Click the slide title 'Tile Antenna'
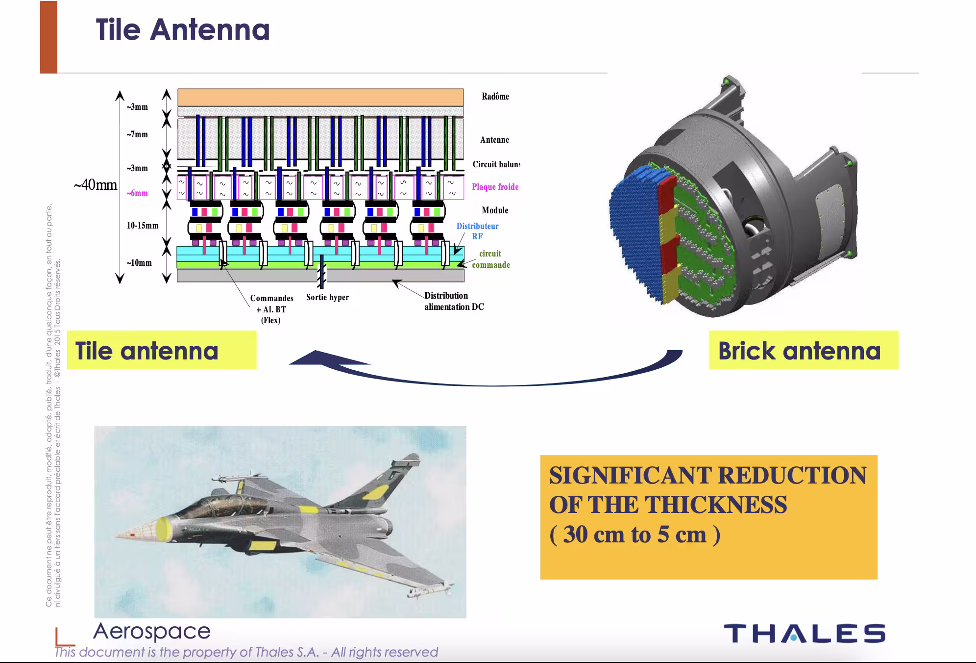tap(182, 29)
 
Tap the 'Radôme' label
tap(495, 96)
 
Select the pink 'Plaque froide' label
tap(495, 187)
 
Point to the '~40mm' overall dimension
tap(96, 185)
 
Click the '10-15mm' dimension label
tap(143, 226)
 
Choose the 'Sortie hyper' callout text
tap(327, 297)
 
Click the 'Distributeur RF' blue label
tap(477, 231)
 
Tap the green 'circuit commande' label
tap(491, 259)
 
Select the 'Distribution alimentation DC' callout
tap(454, 301)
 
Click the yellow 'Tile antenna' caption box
tap(161, 350)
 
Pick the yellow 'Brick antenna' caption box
tap(803, 350)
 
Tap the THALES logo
tap(804, 633)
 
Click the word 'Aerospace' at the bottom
tap(152, 631)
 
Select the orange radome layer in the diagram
tap(320, 97)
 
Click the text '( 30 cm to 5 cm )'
tap(635, 535)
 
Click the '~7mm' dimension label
tap(137, 134)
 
